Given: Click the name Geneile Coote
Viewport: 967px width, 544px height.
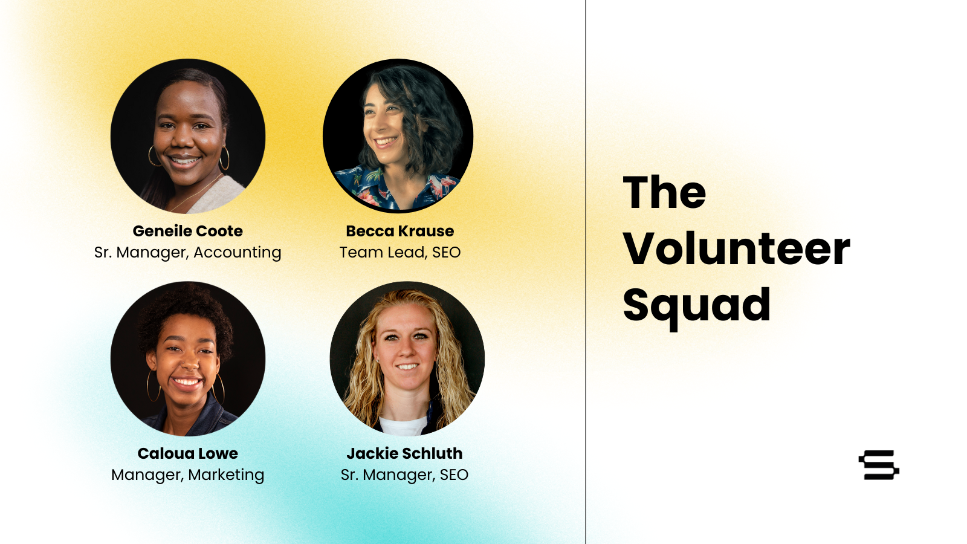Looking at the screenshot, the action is click(188, 231).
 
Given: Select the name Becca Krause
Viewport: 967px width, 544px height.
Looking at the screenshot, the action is click(399, 231).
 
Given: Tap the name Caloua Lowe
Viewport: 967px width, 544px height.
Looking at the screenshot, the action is click(188, 453).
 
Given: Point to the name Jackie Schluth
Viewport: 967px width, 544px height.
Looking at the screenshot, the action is click(404, 453).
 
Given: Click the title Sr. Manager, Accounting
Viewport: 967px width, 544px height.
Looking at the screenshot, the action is click(188, 253).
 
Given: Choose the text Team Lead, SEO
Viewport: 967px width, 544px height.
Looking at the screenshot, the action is click(399, 253).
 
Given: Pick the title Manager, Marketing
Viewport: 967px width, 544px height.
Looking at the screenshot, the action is click(188, 475).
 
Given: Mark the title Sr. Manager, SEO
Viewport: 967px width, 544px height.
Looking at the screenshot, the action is click(404, 475).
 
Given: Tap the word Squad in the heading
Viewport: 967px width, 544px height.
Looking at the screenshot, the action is click(697, 306).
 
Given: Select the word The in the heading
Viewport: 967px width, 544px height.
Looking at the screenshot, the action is click(664, 193).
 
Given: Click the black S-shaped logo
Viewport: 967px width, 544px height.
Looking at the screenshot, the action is click(879, 465).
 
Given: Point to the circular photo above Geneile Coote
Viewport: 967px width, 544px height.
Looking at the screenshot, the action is click(188, 136).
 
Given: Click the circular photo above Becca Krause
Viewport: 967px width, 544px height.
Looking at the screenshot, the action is click(398, 136).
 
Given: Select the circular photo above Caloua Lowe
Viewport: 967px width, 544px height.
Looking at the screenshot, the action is click(188, 359).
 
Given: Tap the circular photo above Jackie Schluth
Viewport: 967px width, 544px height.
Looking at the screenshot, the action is click(407, 359).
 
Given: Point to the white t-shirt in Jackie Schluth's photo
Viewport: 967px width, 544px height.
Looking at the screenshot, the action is click(403, 426).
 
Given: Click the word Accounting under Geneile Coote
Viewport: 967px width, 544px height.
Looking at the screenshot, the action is click(238, 253).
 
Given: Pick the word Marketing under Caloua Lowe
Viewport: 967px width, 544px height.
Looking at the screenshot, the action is click(226, 475).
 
